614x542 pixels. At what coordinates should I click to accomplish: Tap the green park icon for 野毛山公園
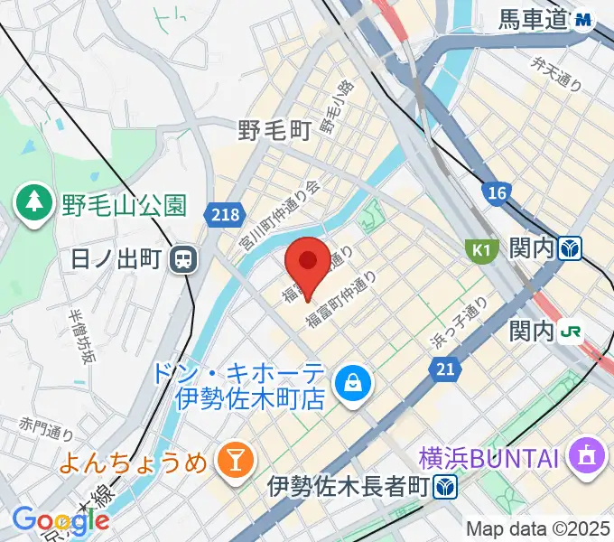[x=35, y=207]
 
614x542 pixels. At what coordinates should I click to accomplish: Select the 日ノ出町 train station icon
[x=184, y=259]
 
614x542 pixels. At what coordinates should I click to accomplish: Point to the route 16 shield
[x=496, y=192]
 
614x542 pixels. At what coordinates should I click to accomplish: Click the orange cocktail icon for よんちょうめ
[x=234, y=463]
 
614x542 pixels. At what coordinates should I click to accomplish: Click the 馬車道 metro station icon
[x=584, y=18]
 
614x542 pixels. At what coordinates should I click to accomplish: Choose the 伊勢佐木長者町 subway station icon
[x=443, y=487]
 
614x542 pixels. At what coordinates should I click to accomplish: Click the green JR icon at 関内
[x=571, y=332]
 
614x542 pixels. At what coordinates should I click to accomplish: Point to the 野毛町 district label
[x=274, y=131]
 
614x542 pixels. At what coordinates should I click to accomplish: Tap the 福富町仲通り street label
[x=340, y=299]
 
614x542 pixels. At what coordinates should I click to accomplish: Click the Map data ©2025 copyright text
[x=538, y=528]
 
